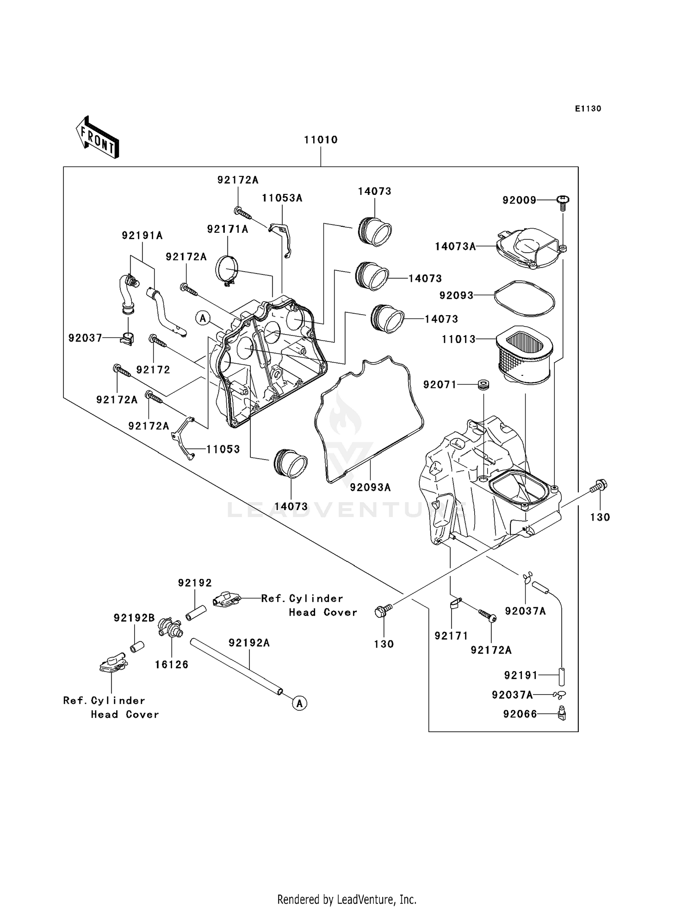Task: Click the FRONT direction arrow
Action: [98, 138]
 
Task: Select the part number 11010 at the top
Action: [321, 140]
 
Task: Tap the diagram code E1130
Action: [588, 109]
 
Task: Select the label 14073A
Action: [455, 247]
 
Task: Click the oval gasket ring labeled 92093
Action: [524, 299]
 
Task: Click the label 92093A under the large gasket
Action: [370, 487]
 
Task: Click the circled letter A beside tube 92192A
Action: [300, 703]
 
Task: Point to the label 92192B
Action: [134, 618]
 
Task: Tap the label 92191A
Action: [142, 236]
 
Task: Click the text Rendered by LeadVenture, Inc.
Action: [347, 899]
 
